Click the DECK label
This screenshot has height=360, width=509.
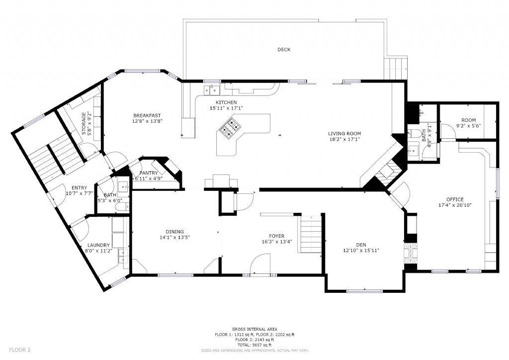(284, 50)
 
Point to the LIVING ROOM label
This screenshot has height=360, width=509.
(344, 133)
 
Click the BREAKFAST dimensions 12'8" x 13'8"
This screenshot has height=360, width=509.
(148, 121)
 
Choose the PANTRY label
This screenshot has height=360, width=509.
(148, 173)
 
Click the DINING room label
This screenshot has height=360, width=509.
(174, 231)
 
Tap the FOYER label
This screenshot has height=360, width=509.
(277, 236)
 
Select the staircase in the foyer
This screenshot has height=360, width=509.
(312, 234)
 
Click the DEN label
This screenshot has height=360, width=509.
(361, 244)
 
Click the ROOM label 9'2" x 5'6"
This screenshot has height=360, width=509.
(468, 120)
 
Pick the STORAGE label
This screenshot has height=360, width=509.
(84, 124)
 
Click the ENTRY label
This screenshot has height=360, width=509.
(79, 187)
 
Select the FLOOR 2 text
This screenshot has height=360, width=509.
(20, 350)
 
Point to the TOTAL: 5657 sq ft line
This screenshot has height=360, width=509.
(254, 345)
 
